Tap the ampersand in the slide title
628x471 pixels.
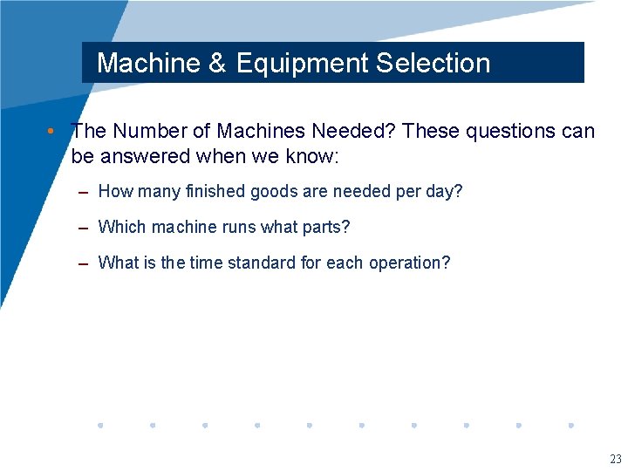(x=215, y=63)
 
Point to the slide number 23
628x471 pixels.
(x=616, y=460)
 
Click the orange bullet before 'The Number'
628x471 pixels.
(x=52, y=131)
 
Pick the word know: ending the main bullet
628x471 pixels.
(x=317, y=156)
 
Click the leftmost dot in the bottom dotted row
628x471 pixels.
(x=100, y=426)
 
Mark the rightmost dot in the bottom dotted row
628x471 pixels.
(x=570, y=426)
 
